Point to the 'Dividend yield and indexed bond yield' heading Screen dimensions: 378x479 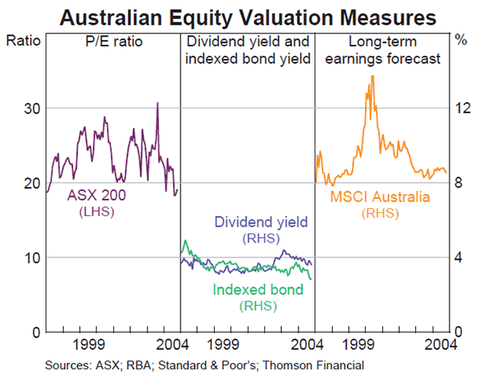(x=247, y=49)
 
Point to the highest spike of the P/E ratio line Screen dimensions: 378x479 (x=157, y=103)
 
